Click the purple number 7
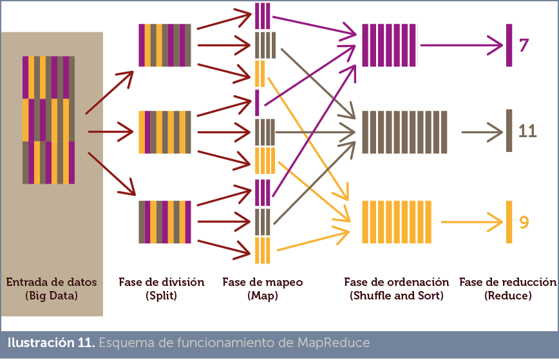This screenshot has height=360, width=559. point(524,45)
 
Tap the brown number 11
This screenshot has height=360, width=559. point(527,131)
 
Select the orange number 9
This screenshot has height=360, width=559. point(524,222)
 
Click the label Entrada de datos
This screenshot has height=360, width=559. point(52,282)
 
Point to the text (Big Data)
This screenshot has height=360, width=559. point(52,296)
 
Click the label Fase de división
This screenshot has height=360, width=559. point(162,282)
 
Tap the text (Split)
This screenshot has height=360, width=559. point(162,296)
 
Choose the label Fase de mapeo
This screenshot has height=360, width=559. point(262,282)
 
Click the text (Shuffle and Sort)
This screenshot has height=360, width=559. point(396,296)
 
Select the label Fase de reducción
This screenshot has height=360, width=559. point(507,282)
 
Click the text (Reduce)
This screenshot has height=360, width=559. point(507,296)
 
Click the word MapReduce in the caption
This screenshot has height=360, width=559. point(334,342)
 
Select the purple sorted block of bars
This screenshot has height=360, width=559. point(390,45)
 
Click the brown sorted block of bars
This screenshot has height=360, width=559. point(404,131)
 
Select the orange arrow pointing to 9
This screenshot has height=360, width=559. point(471,222)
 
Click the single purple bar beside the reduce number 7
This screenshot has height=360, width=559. point(509,45)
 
